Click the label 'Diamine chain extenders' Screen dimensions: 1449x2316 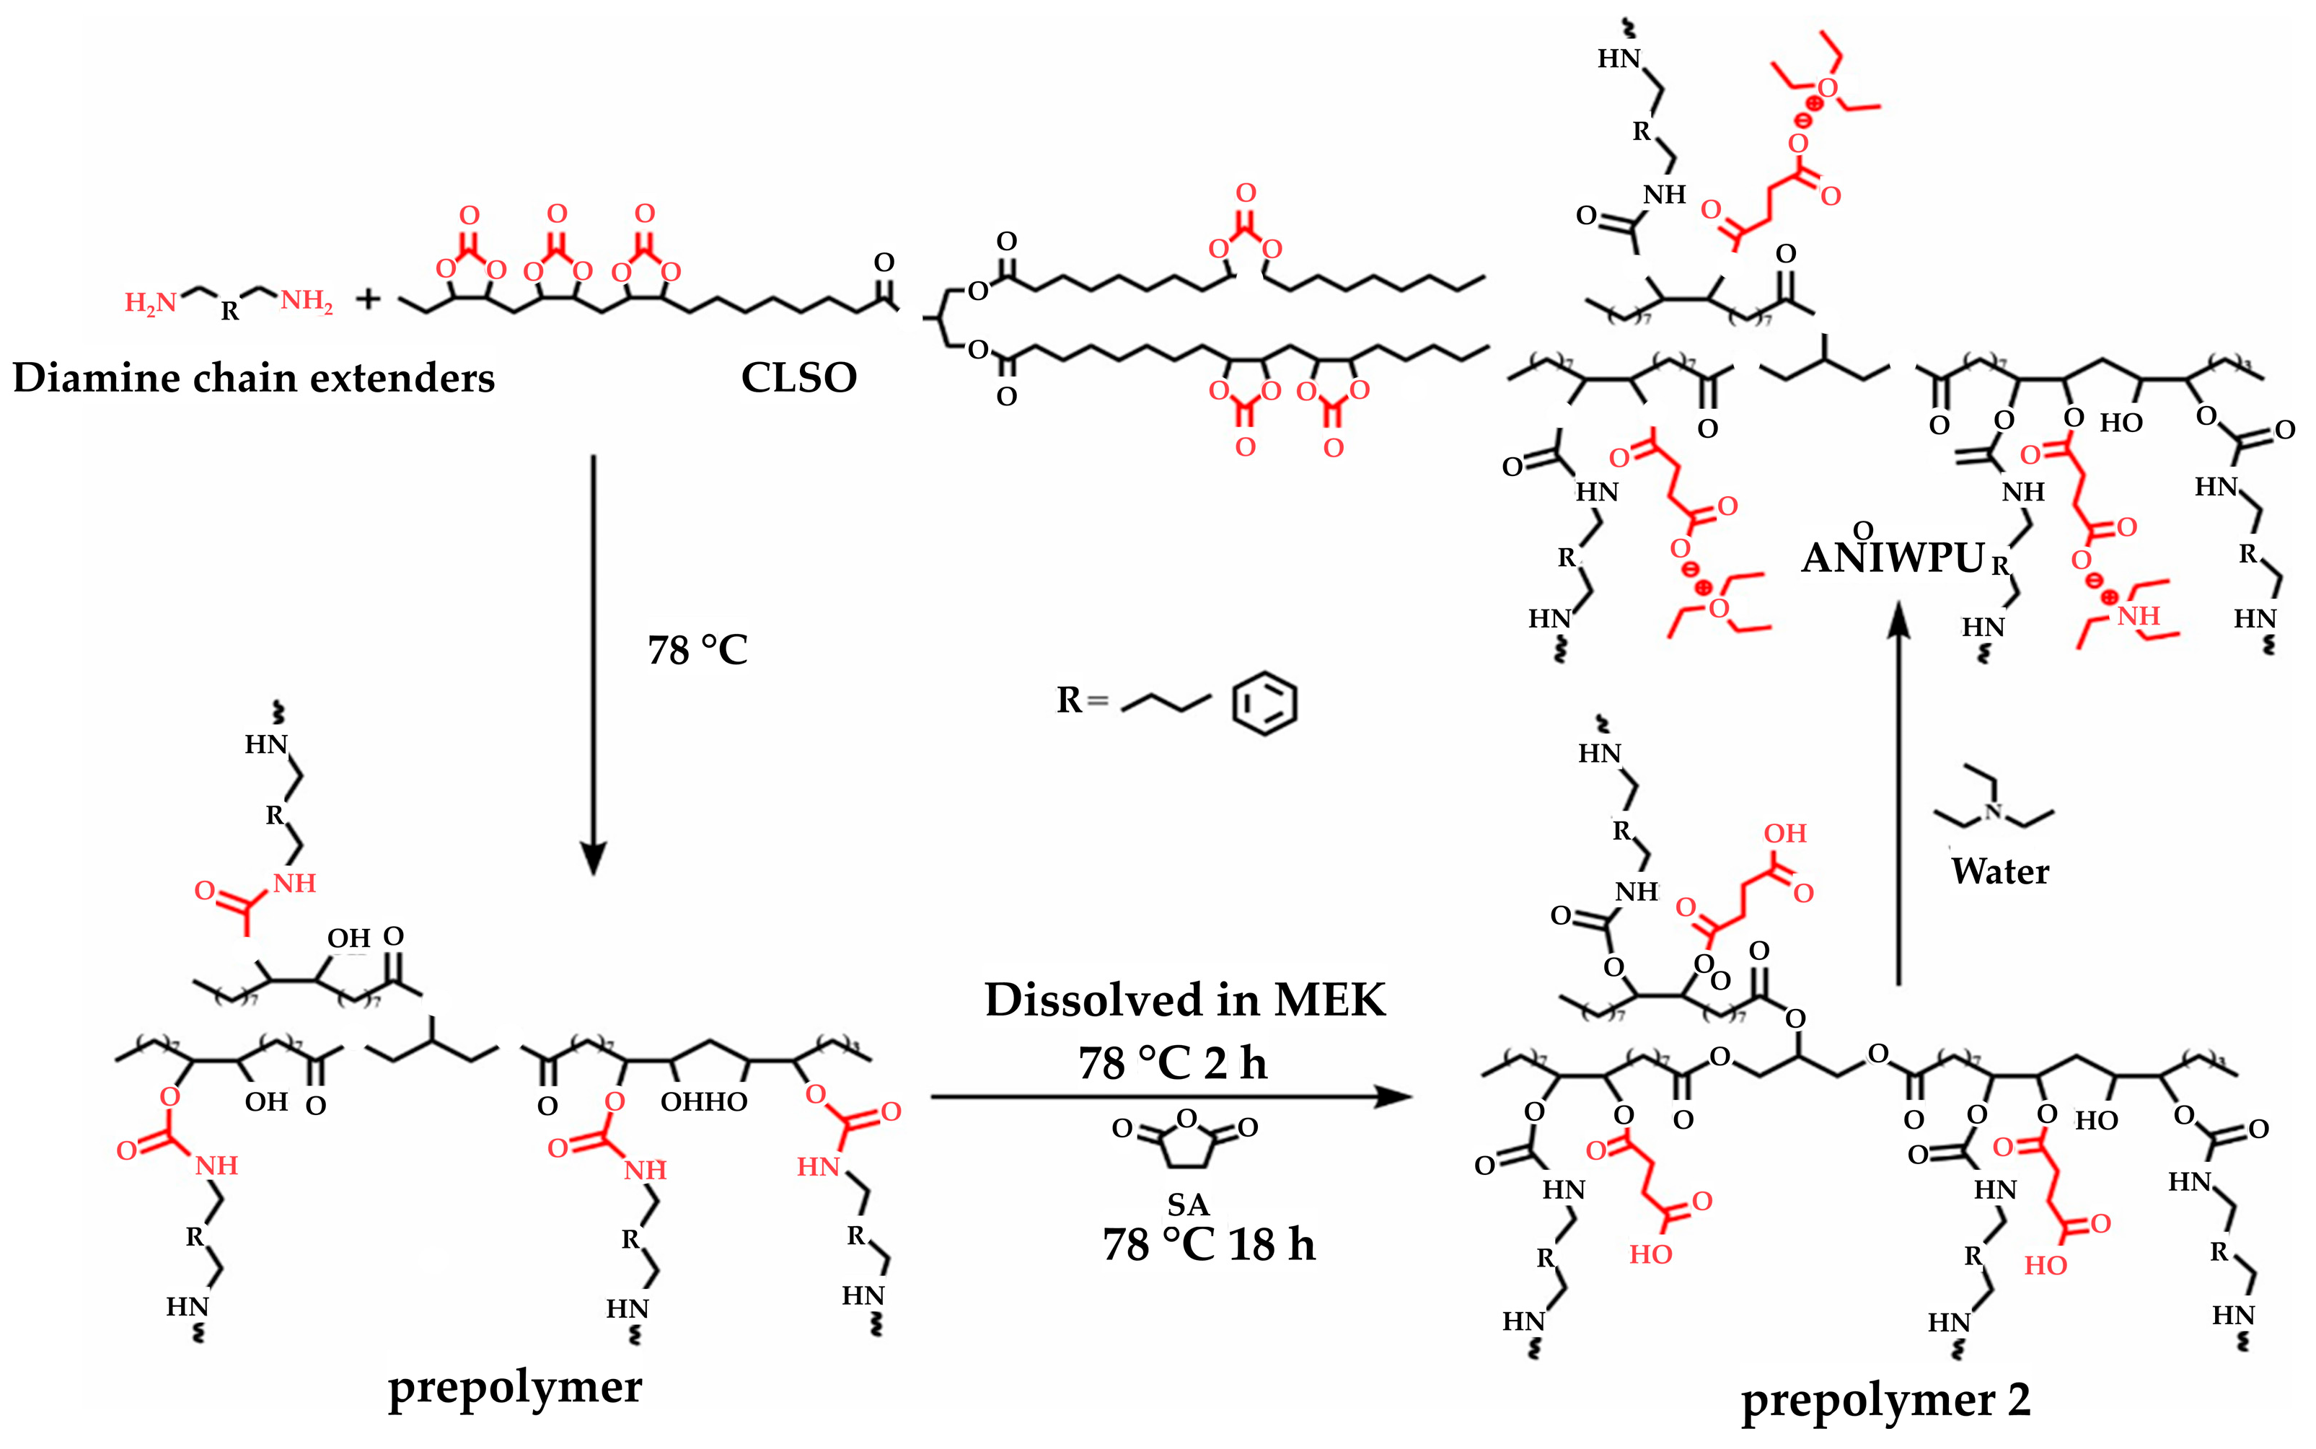[253, 378]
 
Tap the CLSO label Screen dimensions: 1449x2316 [798, 378]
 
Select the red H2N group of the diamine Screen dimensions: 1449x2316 [151, 303]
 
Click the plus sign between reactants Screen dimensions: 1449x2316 [368, 300]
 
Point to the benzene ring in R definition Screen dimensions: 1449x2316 [1264, 703]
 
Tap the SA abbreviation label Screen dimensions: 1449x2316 [1187, 1204]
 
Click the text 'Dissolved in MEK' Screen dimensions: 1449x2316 [1184, 1000]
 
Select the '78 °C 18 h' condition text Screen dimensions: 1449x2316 [1208, 1245]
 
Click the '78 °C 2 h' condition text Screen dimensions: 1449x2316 [1172, 1063]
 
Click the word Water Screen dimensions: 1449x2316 [2000, 871]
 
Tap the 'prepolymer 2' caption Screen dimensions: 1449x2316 [1885, 1400]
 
